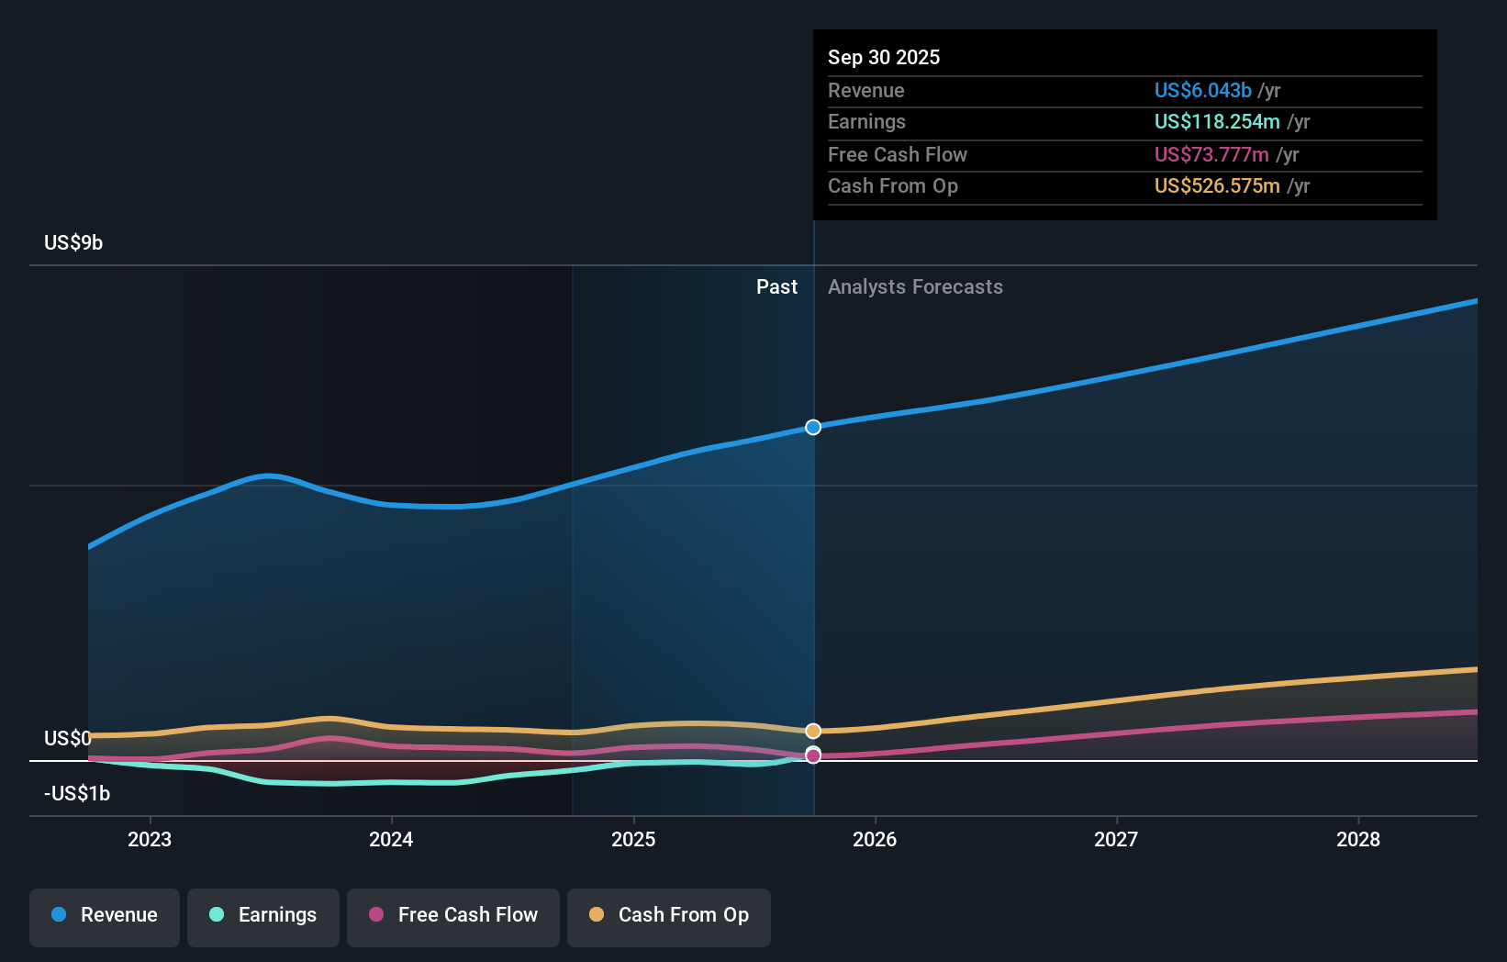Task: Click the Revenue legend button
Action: point(105,915)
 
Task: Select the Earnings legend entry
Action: point(263,915)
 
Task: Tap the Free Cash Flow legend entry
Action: point(453,915)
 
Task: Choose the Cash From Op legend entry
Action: point(669,915)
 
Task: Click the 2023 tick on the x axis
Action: point(150,839)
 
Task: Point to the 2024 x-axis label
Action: point(391,839)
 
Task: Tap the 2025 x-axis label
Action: point(633,839)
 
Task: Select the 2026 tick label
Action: point(875,839)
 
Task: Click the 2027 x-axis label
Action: point(1116,839)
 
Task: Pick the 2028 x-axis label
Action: point(1358,839)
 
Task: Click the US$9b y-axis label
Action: point(73,242)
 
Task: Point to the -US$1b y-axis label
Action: point(77,793)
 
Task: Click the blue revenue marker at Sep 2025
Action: point(813,427)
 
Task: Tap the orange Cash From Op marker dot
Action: point(813,731)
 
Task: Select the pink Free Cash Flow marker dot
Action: point(813,755)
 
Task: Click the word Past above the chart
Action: point(776,286)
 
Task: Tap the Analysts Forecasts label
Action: point(915,286)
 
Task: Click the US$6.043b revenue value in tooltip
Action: point(1202,90)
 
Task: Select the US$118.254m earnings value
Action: point(1217,121)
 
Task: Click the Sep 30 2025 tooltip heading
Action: point(884,57)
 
